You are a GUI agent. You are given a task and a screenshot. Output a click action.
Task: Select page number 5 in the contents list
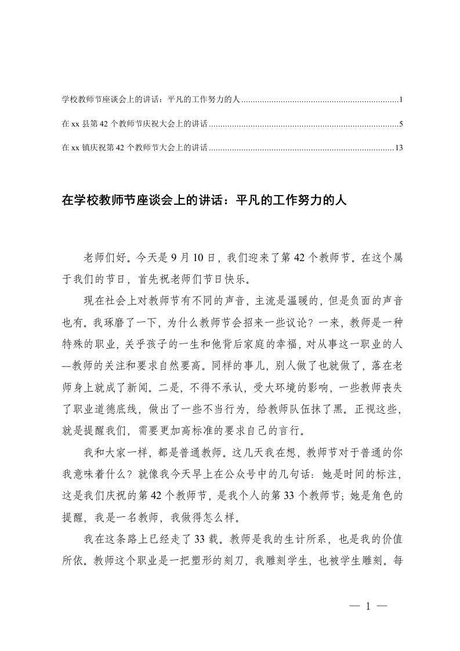[x=401, y=124]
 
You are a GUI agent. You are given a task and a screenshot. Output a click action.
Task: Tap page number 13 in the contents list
[x=399, y=148]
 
